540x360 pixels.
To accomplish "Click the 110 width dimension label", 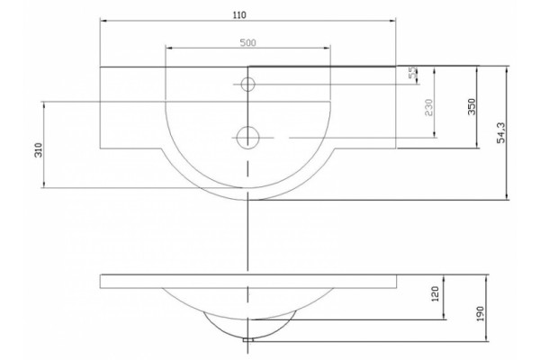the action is (239, 15).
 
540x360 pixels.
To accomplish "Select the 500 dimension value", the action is (248, 42).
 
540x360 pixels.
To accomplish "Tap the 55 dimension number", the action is (413, 72).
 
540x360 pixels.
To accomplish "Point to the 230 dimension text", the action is (428, 107).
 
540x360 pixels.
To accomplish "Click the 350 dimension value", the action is (472, 107).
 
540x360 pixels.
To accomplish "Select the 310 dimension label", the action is (38, 150).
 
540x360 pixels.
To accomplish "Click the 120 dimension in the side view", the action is (435, 294).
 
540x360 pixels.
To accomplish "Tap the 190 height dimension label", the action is (480, 313).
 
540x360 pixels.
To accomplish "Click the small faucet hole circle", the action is (247, 84).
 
